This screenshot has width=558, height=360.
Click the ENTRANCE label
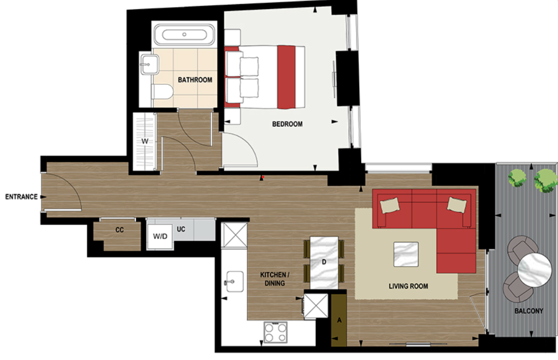click(x=21, y=197)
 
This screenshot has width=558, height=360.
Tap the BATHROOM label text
click(x=195, y=80)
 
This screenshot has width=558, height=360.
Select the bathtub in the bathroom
click(x=185, y=35)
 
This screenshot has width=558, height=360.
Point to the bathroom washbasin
click(x=148, y=63)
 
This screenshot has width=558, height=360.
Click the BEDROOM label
click(x=287, y=125)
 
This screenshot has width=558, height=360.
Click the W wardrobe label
click(x=145, y=141)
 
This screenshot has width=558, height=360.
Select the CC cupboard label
click(x=119, y=230)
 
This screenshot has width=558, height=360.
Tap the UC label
click(x=181, y=228)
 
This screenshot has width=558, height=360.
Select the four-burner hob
click(x=276, y=333)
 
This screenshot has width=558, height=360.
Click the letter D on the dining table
click(x=324, y=262)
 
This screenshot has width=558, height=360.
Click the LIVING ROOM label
click(x=408, y=286)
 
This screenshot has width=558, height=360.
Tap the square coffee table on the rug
click(x=406, y=254)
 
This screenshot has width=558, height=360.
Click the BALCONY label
click(x=528, y=311)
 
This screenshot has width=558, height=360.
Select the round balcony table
click(x=534, y=269)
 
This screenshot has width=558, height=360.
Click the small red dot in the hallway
click(x=263, y=177)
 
